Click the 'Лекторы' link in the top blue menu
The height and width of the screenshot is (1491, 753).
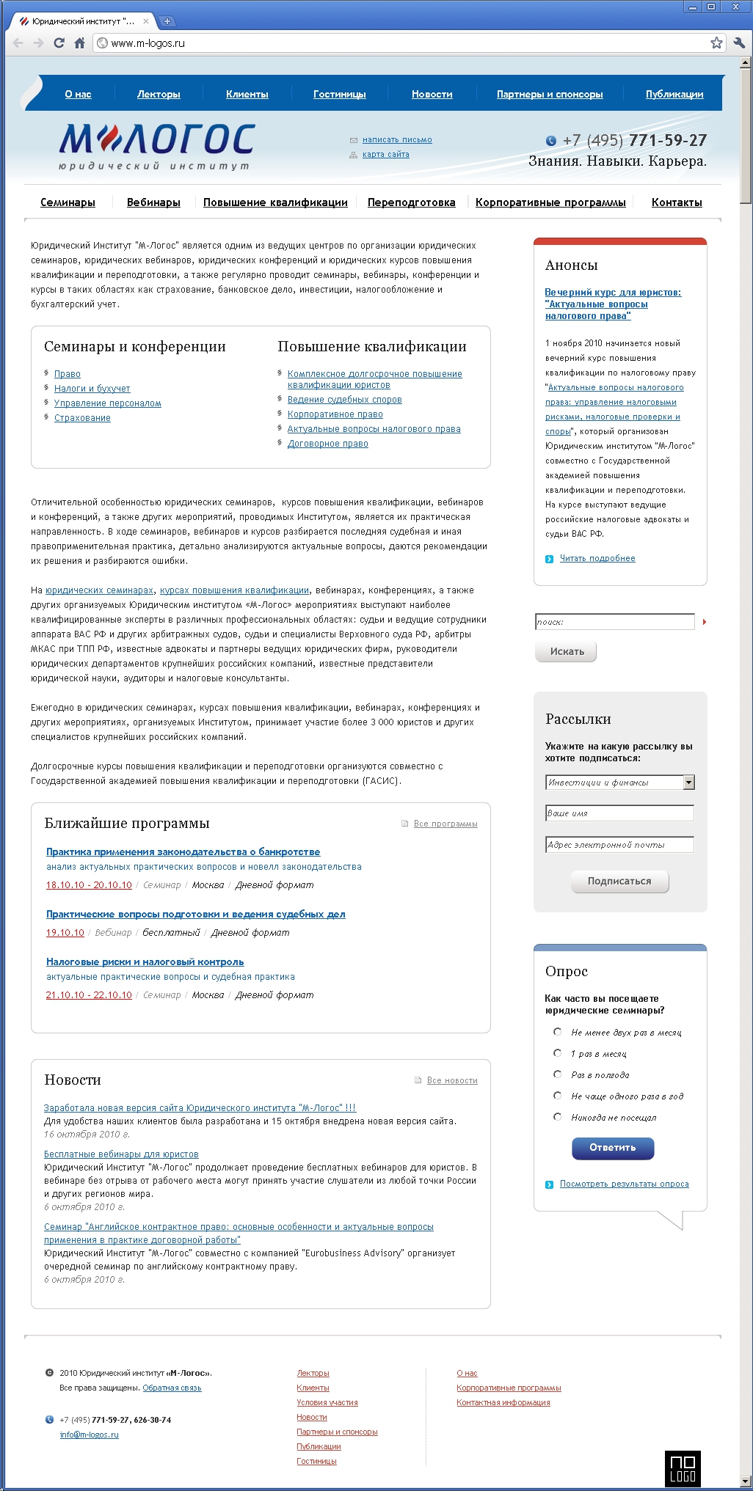159,94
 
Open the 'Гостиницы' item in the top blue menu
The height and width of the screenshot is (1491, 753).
339,94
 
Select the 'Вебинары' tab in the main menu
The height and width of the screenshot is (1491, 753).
153,202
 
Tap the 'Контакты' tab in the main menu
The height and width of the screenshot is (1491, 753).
677,202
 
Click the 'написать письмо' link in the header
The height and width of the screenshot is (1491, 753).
397,139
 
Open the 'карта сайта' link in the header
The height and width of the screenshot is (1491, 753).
385,154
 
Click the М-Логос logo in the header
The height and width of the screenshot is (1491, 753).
156,145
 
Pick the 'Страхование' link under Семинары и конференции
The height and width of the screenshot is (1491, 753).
82,418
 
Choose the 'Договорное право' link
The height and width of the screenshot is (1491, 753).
327,444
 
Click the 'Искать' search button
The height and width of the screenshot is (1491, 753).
566,651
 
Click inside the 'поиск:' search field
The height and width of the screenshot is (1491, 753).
614,622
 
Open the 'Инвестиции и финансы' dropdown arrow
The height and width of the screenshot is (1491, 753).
688,783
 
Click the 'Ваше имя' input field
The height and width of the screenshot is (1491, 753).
619,813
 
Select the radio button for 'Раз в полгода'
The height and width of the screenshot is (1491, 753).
558,1074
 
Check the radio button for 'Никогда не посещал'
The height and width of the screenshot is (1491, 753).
558,1117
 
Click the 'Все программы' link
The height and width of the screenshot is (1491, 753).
445,824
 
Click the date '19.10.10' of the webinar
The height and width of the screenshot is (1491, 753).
65,933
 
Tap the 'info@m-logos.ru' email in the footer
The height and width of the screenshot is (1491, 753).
89,1435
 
